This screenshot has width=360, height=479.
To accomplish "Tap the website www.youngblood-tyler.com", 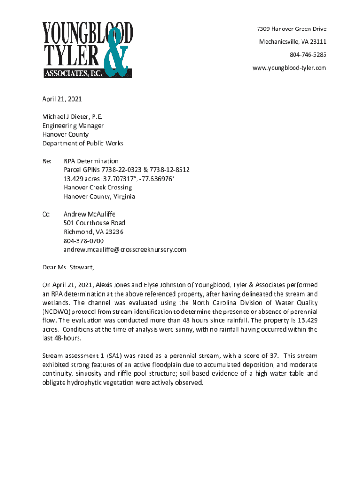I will [x=289, y=68].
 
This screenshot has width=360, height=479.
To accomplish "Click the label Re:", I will [x=47, y=161].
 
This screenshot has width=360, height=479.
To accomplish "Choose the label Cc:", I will [x=46, y=214].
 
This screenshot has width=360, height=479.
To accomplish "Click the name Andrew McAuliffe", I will [x=89, y=214].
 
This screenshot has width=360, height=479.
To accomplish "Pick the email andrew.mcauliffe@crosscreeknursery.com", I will [x=125, y=249].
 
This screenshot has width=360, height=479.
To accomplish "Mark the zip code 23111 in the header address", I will [x=317, y=42].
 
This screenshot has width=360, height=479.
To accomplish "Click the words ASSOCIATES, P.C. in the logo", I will [x=70, y=73].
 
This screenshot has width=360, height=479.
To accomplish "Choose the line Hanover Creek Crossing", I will [x=98, y=188].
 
